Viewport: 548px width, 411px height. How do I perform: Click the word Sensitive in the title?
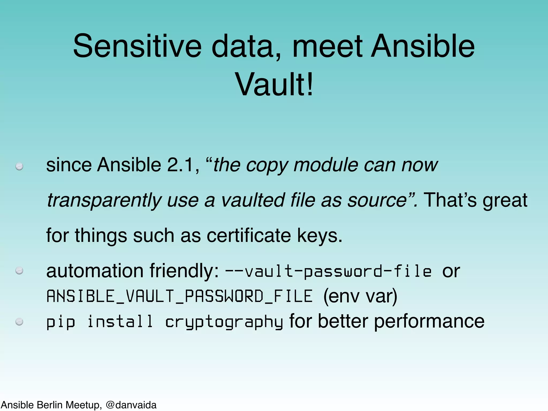point(137,46)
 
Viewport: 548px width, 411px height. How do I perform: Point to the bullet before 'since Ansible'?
point(19,166)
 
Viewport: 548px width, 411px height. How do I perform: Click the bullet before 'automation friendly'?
point(19,271)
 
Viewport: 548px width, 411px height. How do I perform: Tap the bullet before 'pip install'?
point(19,321)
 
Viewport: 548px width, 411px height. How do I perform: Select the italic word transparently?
point(104,200)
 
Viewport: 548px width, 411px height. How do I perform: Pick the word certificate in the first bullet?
point(249,235)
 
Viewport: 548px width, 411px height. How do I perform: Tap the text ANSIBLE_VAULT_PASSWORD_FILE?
point(180,296)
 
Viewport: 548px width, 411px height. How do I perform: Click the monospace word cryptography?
point(224,322)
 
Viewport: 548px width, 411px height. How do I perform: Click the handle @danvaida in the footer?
point(131,405)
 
